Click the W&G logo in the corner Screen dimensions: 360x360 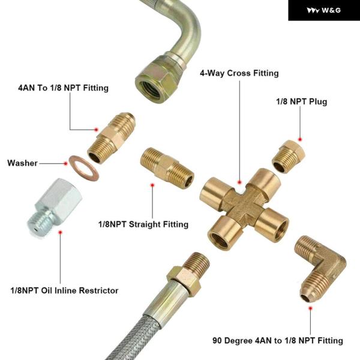(x=323, y=10)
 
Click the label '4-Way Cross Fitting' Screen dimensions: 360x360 (x=239, y=73)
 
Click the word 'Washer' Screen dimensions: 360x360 (x=22, y=163)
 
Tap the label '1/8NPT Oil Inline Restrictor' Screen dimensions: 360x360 (x=64, y=290)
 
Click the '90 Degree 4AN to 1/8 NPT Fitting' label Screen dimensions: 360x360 (x=278, y=340)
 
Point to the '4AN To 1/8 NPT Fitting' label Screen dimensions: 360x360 (x=63, y=88)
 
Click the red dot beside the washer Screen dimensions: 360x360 (x=64, y=163)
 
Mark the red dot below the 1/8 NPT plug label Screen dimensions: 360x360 (x=300, y=139)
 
